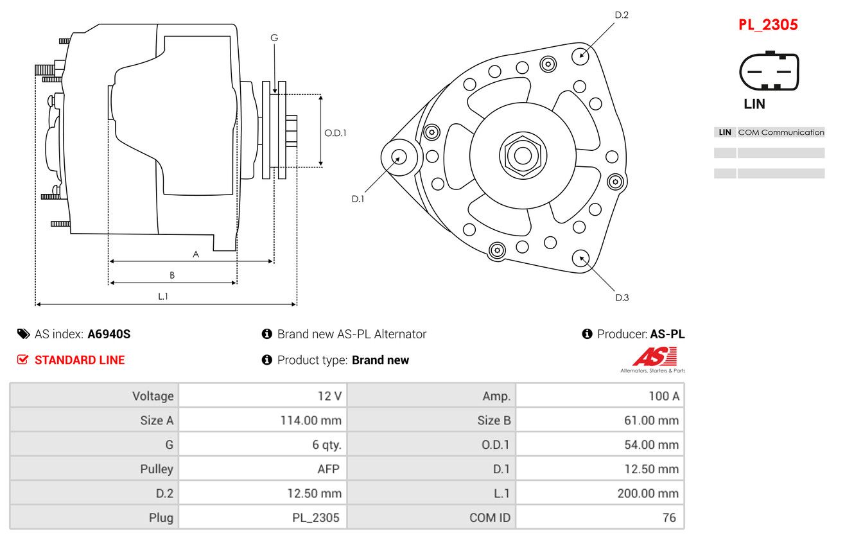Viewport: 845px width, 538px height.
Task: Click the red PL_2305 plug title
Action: [x=767, y=25]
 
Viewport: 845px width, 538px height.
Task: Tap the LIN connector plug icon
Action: [x=770, y=71]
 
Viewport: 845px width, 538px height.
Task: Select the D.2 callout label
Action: [x=622, y=15]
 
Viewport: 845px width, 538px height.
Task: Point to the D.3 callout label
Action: [x=622, y=297]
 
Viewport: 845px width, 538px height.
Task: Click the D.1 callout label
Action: [x=358, y=199]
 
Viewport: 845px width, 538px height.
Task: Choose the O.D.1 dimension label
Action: [x=335, y=134]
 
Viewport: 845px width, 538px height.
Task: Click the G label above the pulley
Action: [x=274, y=38]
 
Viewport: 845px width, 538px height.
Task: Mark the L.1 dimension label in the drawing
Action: [x=163, y=296]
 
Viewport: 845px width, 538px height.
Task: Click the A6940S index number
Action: [x=109, y=334]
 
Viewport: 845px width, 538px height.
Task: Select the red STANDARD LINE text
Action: [x=79, y=360]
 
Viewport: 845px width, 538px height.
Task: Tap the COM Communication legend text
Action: [x=781, y=132]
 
